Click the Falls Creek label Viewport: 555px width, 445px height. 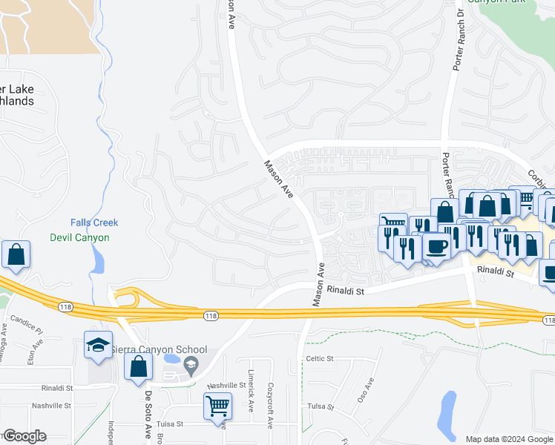(94, 222)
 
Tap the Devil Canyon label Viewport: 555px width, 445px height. (79, 238)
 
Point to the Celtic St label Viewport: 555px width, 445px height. (321, 359)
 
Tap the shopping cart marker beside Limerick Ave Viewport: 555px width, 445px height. (217, 405)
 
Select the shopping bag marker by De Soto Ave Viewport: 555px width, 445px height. (139, 366)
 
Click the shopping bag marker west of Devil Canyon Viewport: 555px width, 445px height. (16, 254)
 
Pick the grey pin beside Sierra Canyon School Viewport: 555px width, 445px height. (191, 363)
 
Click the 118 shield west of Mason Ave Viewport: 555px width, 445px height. (210, 315)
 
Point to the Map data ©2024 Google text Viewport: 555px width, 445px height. (508, 439)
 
